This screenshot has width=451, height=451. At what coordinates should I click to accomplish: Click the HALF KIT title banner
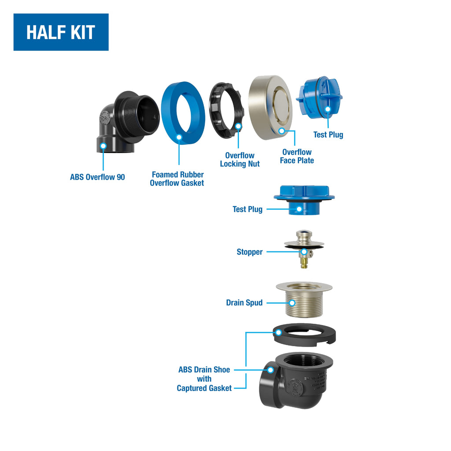(61, 32)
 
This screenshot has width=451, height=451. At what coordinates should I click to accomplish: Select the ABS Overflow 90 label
(97, 177)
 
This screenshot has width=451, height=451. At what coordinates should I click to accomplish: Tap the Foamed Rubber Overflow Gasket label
(177, 179)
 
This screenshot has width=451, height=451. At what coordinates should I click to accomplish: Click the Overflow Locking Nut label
(240, 159)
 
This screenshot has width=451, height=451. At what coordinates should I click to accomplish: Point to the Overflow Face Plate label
(297, 156)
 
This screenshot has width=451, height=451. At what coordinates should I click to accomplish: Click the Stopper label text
(250, 252)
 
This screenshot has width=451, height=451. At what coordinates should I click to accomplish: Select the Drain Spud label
(244, 303)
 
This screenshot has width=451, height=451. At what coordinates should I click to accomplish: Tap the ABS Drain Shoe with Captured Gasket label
(204, 379)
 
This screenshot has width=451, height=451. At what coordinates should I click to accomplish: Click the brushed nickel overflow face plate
(270, 107)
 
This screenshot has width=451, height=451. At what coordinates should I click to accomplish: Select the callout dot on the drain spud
(292, 303)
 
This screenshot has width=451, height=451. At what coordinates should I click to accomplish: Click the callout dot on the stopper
(304, 252)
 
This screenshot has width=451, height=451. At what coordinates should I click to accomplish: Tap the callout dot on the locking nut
(238, 126)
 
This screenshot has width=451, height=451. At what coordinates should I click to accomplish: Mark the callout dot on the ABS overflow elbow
(103, 146)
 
